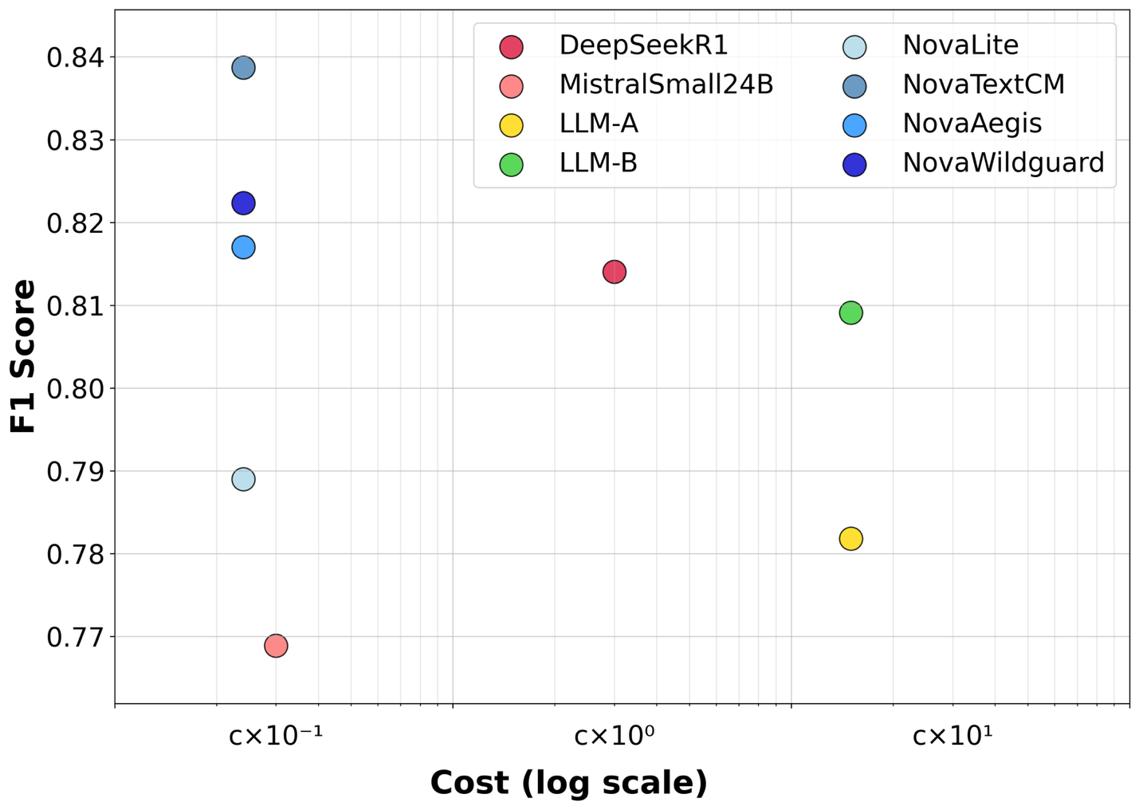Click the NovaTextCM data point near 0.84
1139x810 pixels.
pyautogui.click(x=243, y=68)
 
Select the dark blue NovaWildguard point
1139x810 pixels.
pyautogui.click(x=243, y=203)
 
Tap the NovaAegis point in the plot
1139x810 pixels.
pyautogui.click(x=243, y=247)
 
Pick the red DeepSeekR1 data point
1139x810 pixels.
pyautogui.click(x=614, y=272)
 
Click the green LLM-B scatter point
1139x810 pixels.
pyautogui.click(x=850, y=313)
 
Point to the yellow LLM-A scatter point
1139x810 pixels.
pyautogui.click(x=850, y=539)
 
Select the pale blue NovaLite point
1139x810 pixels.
pyautogui.click(x=243, y=479)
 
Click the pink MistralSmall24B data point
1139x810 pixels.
pyautogui.click(x=276, y=646)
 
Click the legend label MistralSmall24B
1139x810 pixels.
pyautogui.click(x=666, y=85)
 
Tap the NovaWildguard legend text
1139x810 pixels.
pyautogui.click(x=1003, y=163)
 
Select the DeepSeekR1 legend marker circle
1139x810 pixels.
pyautogui.click(x=511, y=46)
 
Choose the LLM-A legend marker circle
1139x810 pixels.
pyautogui.click(x=511, y=125)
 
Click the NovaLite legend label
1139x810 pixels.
pyautogui.click(x=960, y=45)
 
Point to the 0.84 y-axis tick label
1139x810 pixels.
pyautogui.click(x=70, y=57)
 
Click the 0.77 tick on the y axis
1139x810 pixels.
pyautogui.click(x=70, y=637)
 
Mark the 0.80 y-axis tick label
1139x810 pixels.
pyautogui.click(x=70, y=388)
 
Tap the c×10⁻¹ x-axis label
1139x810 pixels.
pyautogui.click(x=276, y=735)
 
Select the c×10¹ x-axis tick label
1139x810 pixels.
pyautogui.click(x=952, y=735)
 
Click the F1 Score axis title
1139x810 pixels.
pyautogui.click(x=24, y=356)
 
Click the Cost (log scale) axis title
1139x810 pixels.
pyautogui.click(x=568, y=783)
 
